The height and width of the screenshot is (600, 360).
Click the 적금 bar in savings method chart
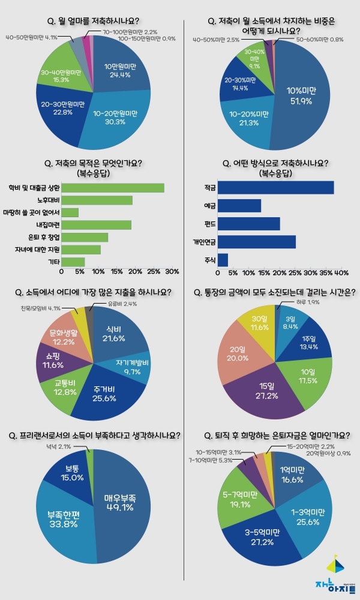(x=275, y=188)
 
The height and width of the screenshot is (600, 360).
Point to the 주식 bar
(x=223, y=260)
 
